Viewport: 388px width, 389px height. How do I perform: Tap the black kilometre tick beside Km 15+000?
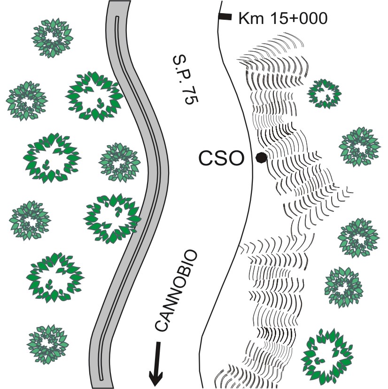click(x=225, y=17)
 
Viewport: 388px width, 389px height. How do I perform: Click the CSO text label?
click(x=221, y=159)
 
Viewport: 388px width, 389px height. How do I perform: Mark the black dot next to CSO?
click(x=261, y=158)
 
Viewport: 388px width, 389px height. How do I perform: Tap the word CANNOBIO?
click(x=176, y=292)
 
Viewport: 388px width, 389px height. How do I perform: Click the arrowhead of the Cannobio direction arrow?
click(x=155, y=375)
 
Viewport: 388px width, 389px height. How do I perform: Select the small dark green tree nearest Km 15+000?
click(x=324, y=92)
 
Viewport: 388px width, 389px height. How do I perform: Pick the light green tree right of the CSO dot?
click(x=359, y=147)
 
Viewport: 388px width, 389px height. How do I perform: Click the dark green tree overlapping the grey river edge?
click(x=112, y=219)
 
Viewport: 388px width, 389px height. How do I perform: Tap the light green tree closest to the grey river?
click(x=119, y=163)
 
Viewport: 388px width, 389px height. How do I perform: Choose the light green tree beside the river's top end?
click(x=53, y=38)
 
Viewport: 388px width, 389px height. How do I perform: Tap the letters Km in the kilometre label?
click(x=248, y=19)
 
